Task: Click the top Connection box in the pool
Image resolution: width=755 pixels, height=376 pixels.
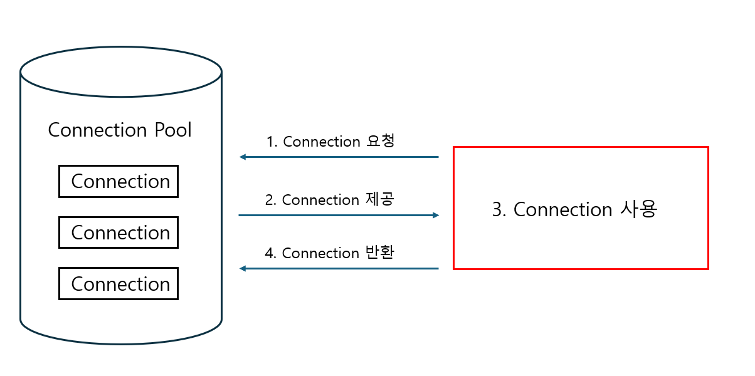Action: point(119,182)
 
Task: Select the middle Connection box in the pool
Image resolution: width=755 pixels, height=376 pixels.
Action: point(119,232)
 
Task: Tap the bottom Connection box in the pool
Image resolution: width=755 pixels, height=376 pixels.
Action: point(119,284)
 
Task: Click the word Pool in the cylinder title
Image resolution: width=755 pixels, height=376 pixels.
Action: point(172,130)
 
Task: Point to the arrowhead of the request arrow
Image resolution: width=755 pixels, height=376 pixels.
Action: point(242,157)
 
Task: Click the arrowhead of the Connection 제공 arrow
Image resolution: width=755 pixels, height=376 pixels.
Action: point(436,215)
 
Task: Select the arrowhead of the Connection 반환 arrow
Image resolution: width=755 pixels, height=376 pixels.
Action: point(242,268)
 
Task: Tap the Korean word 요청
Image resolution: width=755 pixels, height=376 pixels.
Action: point(380,141)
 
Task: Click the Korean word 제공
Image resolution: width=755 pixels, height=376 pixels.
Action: point(379,199)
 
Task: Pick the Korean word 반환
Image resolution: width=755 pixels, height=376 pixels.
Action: point(379,253)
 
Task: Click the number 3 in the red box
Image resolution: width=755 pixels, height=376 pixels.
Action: point(497,210)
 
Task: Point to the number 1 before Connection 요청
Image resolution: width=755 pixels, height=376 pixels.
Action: point(270,142)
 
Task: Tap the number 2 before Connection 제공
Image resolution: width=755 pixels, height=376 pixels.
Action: point(270,201)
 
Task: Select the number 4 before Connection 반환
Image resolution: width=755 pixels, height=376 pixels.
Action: point(270,254)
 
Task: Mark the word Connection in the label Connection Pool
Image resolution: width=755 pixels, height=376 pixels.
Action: point(97,130)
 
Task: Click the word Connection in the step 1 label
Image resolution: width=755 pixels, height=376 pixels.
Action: point(322,142)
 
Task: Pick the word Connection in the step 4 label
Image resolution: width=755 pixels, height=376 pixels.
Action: point(320,254)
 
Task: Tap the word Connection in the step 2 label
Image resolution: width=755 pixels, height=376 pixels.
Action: point(320,201)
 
